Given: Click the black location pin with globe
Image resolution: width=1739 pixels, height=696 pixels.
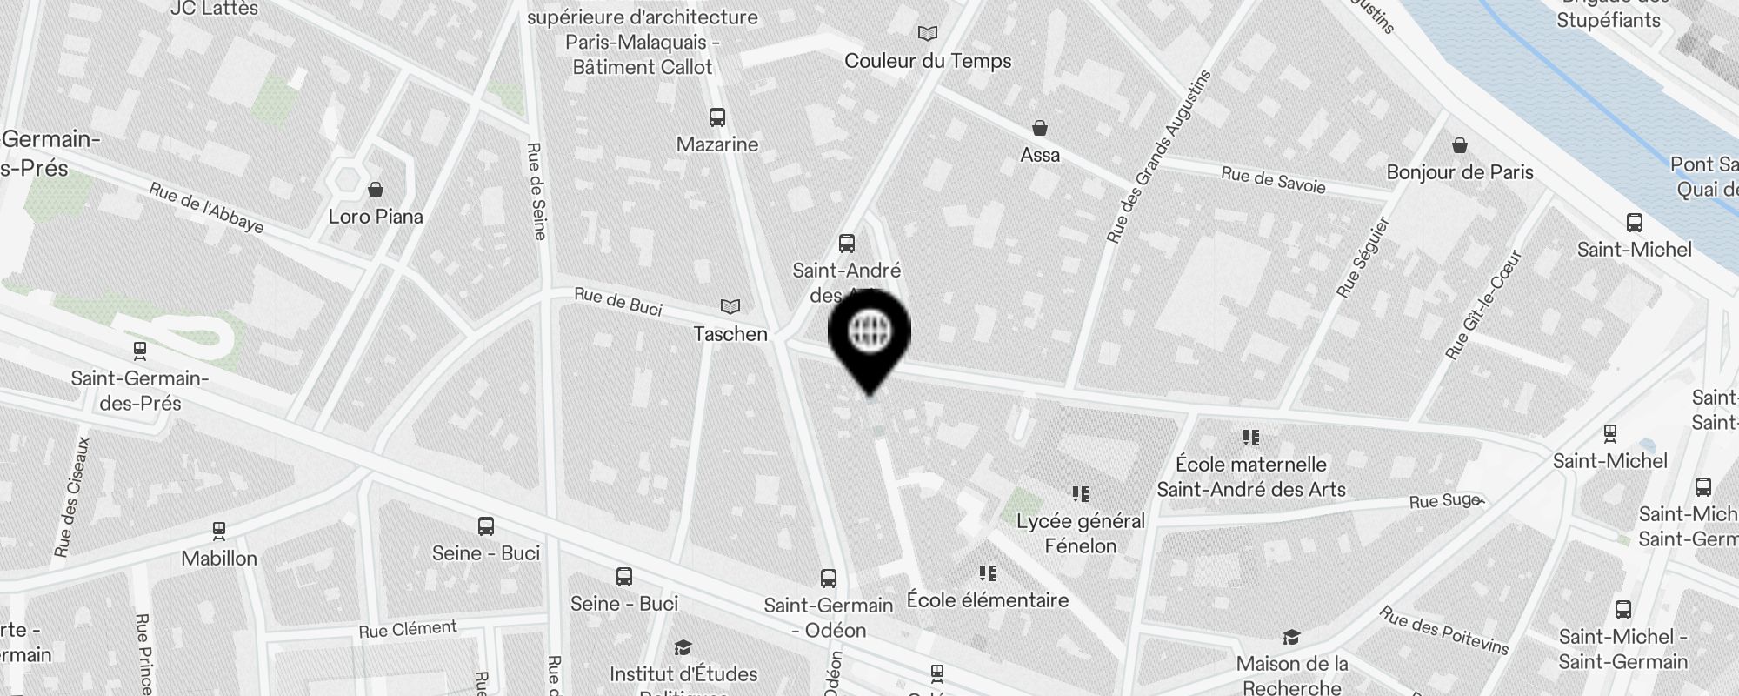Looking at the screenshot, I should click(x=869, y=335).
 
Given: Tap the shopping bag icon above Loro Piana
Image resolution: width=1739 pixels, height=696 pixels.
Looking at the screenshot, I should click(x=376, y=189).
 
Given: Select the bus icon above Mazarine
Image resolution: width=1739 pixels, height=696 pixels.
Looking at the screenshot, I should click(x=716, y=117).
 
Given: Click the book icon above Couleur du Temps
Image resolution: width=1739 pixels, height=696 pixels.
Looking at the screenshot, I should click(x=928, y=34).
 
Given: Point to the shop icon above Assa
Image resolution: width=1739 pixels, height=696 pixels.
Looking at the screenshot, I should click(x=1039, y=128).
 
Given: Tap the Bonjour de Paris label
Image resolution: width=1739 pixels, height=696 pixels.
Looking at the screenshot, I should click(x=1460, y=172).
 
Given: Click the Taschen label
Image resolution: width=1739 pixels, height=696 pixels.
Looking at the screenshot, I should click(x=730, y=334).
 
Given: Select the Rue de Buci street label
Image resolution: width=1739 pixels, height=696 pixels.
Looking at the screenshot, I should click(x=618, y=302).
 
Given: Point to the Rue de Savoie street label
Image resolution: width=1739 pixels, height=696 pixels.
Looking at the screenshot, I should click(x=1273, y=180).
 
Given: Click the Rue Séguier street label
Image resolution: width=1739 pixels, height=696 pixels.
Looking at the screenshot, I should click(x=1363, y=258).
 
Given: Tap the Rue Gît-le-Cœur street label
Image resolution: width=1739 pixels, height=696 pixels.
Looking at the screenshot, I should click(x=1482, y=305).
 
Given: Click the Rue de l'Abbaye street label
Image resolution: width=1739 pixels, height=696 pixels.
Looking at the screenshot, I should click(x=206, y=208).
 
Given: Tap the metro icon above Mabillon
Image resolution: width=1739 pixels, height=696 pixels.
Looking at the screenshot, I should click(x=219, y=530).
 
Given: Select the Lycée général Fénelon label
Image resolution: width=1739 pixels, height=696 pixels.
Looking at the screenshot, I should click(x=1081, y=533).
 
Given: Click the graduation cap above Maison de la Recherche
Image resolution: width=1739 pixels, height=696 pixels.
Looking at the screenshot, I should click(x=1291, y=638).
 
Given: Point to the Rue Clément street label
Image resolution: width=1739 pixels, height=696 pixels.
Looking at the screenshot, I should click(x=408, y=629).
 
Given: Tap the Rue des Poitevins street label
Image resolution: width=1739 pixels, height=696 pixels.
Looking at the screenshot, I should click(x=1443, y=630).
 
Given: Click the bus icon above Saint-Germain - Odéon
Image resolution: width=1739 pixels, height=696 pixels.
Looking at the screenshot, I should click(x=828, y=578).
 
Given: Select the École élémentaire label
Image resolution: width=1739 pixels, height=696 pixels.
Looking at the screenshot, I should click(x=987, y=600).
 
